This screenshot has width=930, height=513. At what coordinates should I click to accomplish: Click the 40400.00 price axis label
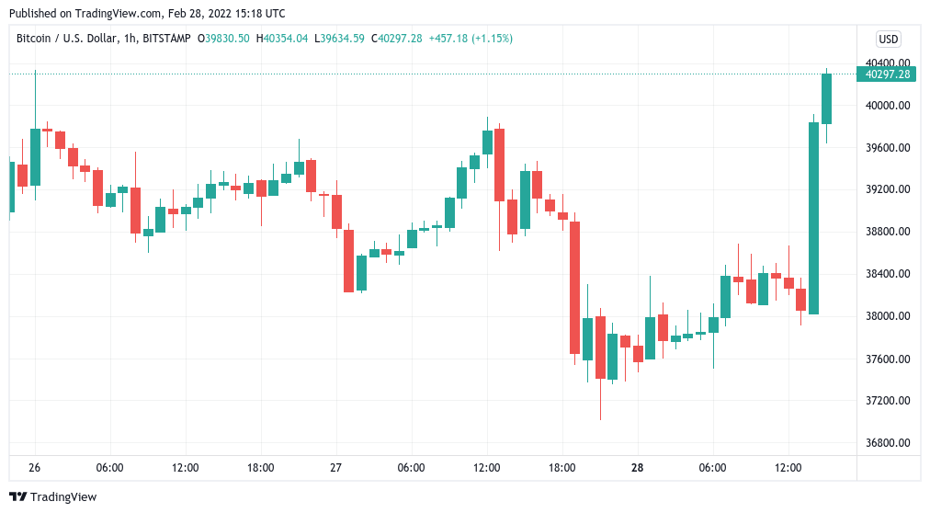coord(887,63)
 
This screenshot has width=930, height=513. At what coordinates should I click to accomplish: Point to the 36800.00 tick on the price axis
coord(887,443)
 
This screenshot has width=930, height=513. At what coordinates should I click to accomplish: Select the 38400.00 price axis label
coord(887,274)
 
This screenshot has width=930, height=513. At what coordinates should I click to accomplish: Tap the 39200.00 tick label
coord(887,189)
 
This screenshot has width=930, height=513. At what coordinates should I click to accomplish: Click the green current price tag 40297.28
coord(887,74)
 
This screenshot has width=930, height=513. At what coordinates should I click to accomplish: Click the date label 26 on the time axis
coord(35,468)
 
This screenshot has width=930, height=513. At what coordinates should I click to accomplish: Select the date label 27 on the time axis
coord(336,468)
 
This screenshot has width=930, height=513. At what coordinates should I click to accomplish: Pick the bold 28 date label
coord(638,468)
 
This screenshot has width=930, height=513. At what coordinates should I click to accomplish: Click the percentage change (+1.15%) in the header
coord(493,39)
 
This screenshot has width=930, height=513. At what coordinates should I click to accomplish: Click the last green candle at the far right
coord(826,98)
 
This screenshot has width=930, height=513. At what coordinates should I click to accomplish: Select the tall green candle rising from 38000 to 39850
coord(813,218)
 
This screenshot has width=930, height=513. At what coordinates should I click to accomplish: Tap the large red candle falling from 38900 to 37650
coord(574,287)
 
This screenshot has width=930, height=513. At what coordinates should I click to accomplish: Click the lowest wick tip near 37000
coord(600,418)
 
